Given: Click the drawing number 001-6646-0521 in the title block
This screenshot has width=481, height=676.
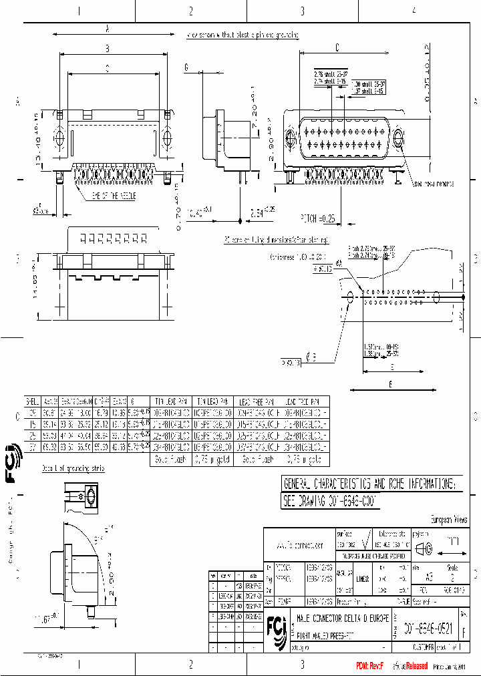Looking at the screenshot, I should pyautogui.click(x=432, y=628).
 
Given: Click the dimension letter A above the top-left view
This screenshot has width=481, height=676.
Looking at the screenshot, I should pyautogui.click(x=108, y=28).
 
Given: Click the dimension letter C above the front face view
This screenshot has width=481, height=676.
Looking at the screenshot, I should pyautogui.click(x=337, y=47).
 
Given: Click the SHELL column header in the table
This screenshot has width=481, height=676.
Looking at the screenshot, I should pyautogui.click(x=31, y=402).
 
